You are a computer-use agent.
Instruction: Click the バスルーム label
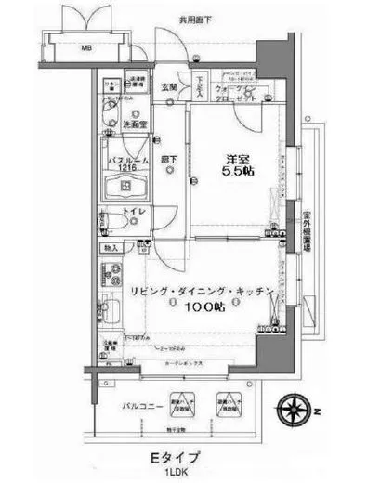click(x=124, y=159)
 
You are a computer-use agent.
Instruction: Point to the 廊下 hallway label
click(x=166, y=159)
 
